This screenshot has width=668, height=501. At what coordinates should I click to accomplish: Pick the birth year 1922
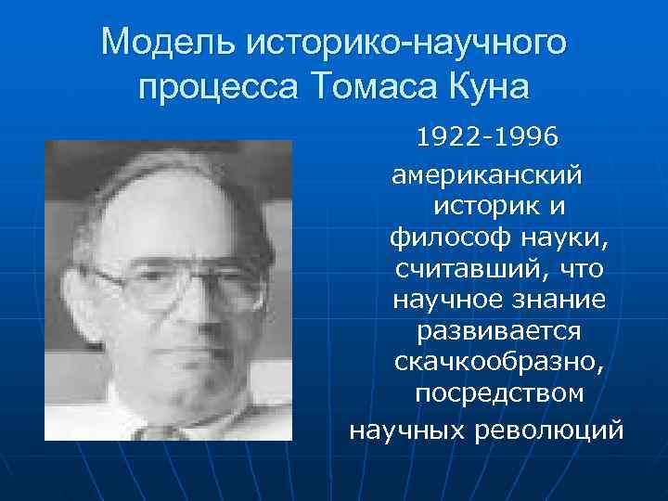444,139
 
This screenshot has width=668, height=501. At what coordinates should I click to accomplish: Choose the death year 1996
526,139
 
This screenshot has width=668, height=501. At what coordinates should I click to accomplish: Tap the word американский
487,173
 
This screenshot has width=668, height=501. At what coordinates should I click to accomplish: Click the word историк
475,205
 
